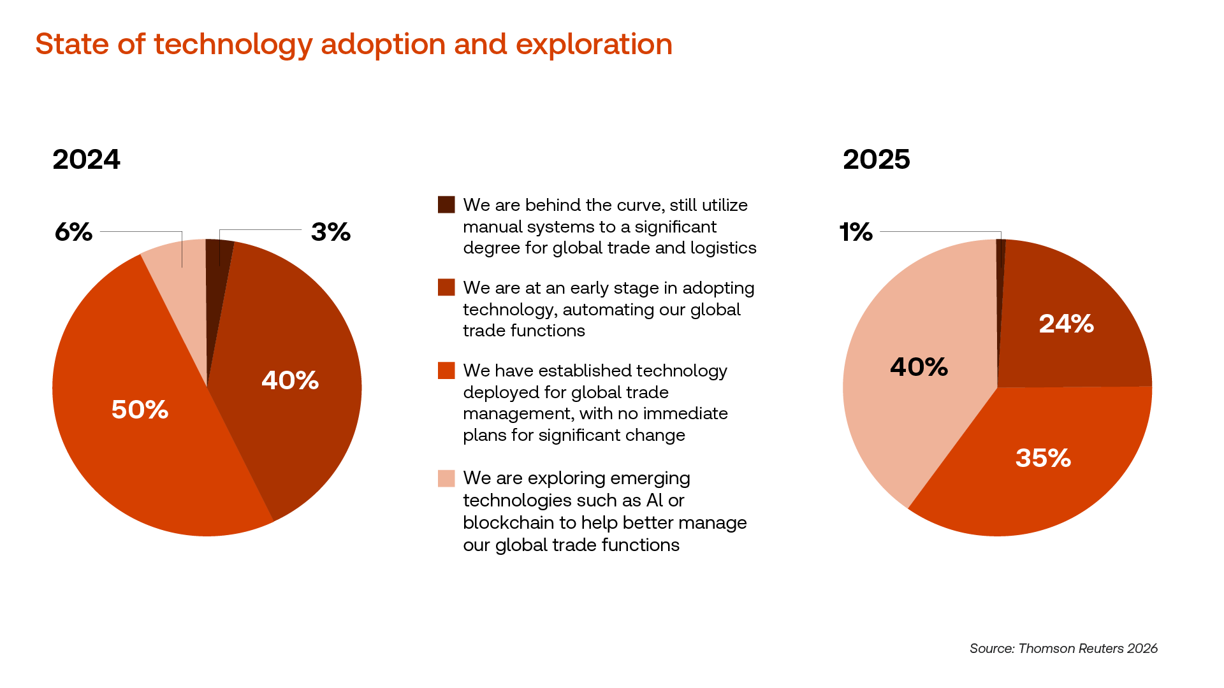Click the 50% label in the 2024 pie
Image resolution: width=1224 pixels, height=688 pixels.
click(140, 410)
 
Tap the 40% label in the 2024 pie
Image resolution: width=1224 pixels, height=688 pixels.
click(290, 380)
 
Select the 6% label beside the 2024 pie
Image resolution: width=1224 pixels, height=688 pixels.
click(73, 232)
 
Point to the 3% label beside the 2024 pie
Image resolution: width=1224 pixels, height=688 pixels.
click(331, 232)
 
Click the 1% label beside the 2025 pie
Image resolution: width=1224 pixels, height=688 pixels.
click(856, 232)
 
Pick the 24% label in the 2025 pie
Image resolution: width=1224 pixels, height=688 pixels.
click(1066, 324)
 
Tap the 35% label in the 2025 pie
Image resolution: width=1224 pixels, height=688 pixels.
click(1043, 458)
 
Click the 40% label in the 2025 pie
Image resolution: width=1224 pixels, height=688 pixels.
click(919, 367)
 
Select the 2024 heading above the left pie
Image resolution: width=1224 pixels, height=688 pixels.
click(86, 159)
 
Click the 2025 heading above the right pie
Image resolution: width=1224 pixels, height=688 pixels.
click(876, 159)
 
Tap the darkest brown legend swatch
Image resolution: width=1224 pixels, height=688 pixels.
click(446, 204)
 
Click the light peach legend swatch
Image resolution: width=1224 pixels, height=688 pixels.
click(446, 478)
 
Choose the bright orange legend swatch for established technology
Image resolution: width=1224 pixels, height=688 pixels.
click(446, 370)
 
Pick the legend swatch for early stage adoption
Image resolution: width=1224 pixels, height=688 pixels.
click(446, 287)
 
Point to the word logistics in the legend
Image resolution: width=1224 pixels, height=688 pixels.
click(724, 248)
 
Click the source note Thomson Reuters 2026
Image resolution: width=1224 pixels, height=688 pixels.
click(1063, 649)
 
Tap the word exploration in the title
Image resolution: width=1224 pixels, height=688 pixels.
click(594, 45)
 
